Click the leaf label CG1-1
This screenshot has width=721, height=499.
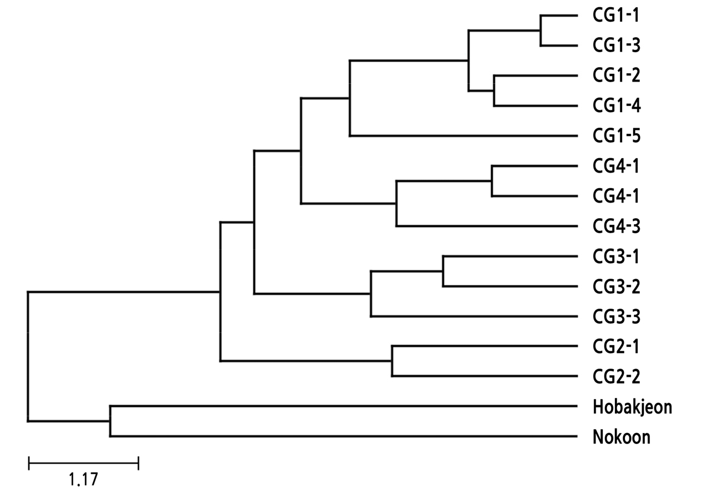click(x=616, y=15)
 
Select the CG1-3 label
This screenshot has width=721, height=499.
click(x=617, y=46)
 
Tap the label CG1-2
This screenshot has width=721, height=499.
click(x=617, y=75)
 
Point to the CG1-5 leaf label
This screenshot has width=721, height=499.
click(x=617, y=135)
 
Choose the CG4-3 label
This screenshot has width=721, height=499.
click(x=617, y=226)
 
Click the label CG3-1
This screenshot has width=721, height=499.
click(x=617, y=256)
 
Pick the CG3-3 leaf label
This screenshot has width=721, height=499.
click(x=617, y=317)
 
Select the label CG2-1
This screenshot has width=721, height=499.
click(x=617, y=346)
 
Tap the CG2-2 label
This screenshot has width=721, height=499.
click(x=617, y=377)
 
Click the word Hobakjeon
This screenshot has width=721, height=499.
click(x=632, y=407)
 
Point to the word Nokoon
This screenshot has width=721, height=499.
click(x=621, y=437)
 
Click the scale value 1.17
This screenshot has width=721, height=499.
click(x=83, y=479)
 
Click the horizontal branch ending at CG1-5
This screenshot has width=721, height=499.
click(x=463, y=135)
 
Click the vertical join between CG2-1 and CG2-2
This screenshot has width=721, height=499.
click(x=392, y=361)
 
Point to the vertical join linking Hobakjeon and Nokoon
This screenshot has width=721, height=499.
click(x=110, y=421)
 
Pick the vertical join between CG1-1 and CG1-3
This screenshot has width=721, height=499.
click(x=540, y=31)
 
